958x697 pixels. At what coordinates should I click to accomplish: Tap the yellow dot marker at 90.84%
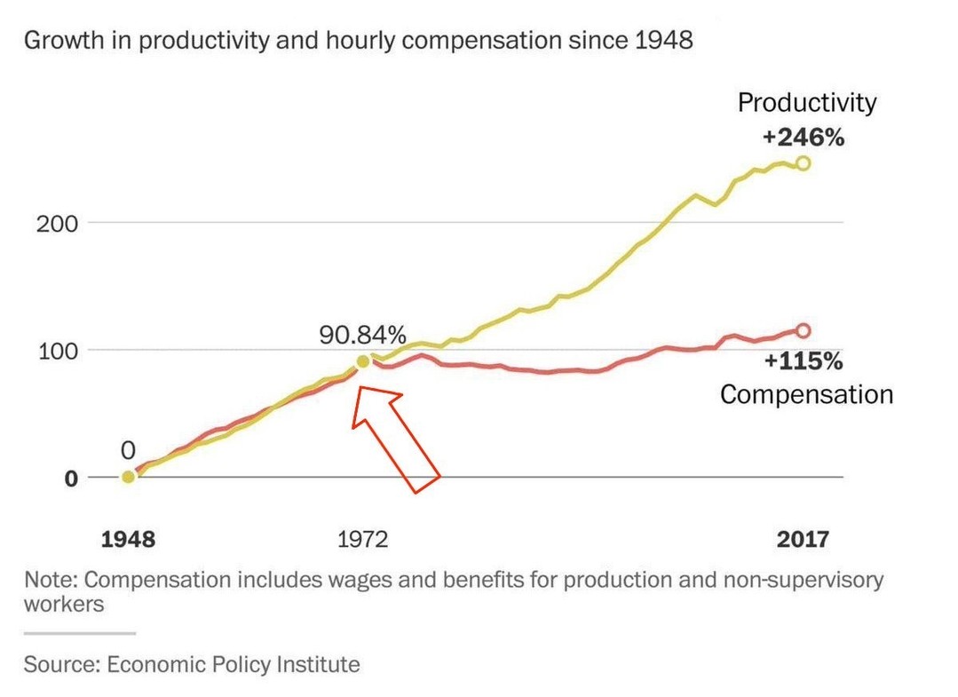362,361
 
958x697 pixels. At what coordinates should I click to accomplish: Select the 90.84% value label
363,335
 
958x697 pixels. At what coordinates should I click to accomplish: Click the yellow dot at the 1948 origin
129,477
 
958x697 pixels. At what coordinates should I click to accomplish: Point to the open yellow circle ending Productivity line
804,162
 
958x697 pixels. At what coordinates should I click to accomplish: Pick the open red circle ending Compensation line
804,330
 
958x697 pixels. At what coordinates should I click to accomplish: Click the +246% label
803,138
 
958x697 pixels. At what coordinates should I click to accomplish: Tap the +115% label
803,361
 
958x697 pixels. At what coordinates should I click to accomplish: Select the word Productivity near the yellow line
806,103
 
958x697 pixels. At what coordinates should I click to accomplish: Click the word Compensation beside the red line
806,393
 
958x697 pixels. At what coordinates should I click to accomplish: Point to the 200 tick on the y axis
58,223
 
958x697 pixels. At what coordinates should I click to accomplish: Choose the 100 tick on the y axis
58,351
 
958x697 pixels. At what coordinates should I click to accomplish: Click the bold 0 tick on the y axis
71,478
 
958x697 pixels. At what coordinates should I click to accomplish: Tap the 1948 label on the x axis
128,539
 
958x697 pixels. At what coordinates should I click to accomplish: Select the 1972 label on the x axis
362,539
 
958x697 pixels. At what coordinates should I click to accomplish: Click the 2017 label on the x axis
803,539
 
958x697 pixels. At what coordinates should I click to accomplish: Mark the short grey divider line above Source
79,633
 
